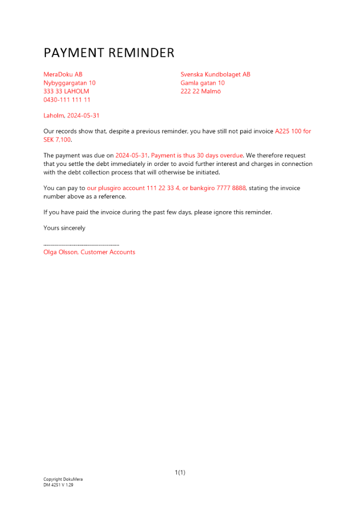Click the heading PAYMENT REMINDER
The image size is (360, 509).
pos(108,53)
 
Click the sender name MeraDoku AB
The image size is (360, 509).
pos(63,74)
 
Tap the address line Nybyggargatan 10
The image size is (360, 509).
pos(69,83)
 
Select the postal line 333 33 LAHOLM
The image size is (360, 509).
pos(66,92)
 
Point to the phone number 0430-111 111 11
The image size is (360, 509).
pos(67,100)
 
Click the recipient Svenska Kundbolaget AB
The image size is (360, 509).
pos(215,74)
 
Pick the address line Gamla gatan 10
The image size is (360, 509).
pos(202,83)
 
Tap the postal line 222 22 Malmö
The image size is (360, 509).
pos(201,92)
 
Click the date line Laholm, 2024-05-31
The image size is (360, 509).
pos(71,116)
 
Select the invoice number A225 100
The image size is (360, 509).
pos(288,131)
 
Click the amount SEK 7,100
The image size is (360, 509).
pos(57,139)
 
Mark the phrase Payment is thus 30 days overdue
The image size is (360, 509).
pos(197,155)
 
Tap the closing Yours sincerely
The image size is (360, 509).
pos(64,228)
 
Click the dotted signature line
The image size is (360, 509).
pos(81,245)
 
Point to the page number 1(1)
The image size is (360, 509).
pos(180,473)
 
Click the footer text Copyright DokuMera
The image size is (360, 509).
pos(63,479)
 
